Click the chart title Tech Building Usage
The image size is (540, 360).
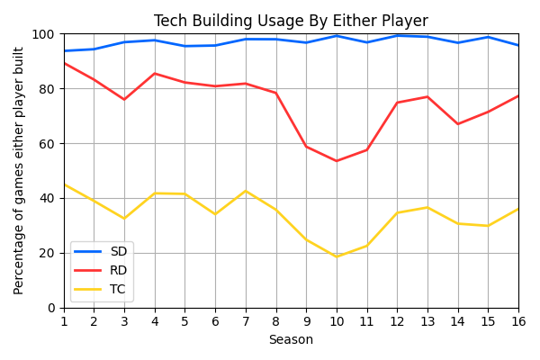pyautogui.click(x=291, y=21)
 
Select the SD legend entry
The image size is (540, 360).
pyautogui.click(x=119, y=252)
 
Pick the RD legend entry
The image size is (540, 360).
pyautogui.click(x=119, y=270)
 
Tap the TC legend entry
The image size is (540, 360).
pyautogui.click(x=119, y=289)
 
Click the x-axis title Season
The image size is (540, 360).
pyautogui.click(x=291, y=340)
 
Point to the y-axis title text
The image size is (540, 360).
pyautogui.click(x=19, y=171)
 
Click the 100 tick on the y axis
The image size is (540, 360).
pyautogui.click(x=43, y=34)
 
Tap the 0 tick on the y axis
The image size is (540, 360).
pyautogui.click(x=50, y=308)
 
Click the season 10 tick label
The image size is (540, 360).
pyautogui.click(x=337, y=321)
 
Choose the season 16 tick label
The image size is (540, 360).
pyautogui.click(x=518, y=321)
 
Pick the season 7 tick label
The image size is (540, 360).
pyautogui.click(x=246, y=321)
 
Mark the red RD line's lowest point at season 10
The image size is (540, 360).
pyautogui.click(x=337, y=161)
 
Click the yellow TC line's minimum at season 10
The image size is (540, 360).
pyautogui.click(x=337, y=256)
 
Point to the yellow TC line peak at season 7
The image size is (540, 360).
pyautogui.click(x=246, y=191)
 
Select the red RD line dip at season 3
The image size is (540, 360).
pyautogui.click(x=124, y=100)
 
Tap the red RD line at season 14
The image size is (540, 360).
pyautogui.click(x=458, y=124)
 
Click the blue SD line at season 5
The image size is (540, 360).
pyautogui.click(x=185, y=46)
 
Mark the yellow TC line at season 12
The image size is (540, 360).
pyautogui.click(x=397, y=213)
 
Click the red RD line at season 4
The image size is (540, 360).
pyautogui.click(x=155, y=74)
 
